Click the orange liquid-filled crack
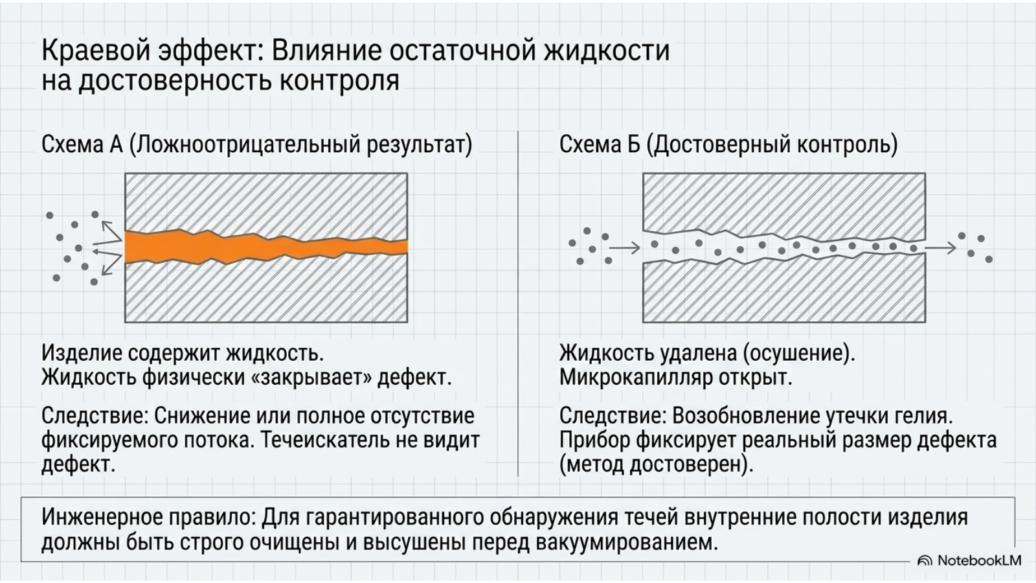266,247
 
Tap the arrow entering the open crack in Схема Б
624,248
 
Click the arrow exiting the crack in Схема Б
940,248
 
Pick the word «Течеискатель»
324,440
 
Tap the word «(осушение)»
799,354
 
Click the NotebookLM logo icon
925,561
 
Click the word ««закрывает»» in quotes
310,378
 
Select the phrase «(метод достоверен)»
657,464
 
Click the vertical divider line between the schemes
518,304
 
